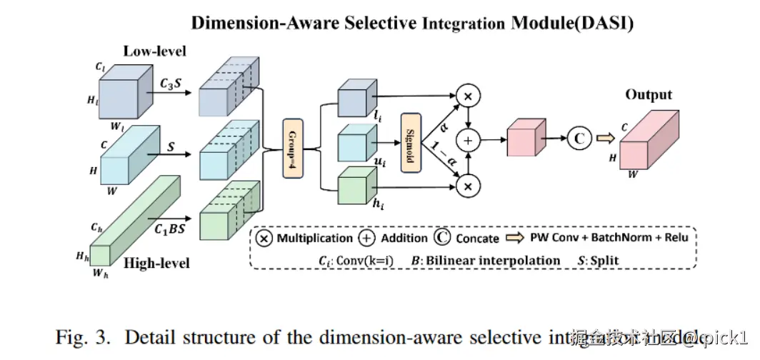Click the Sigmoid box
click(x=411, y=141)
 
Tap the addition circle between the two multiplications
click(x=469, y=141)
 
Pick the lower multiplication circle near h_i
click(x=469, y=186)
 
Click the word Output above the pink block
click(x=649, y=94)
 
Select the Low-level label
click(x=155, y=51)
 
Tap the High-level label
click(x=156, y=264)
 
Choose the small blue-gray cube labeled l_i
click(x=354, y=97)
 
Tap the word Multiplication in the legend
click(x=314, y=238)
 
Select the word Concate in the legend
click(x=477, y=238)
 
